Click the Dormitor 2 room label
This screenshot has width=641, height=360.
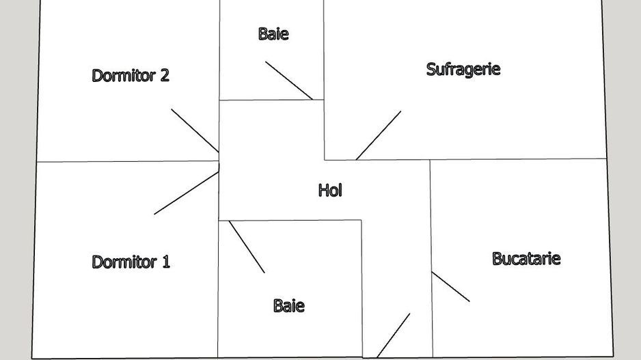click(130, 75)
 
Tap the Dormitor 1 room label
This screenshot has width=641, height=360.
click(131, 262)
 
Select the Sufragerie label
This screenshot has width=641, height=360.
click(463, 69)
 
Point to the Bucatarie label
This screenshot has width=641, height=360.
click(526, 258)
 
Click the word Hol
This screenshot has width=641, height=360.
click(330, 190)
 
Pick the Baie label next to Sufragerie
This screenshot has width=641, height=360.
click(273, 33)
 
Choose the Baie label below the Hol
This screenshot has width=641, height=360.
click(288, 305)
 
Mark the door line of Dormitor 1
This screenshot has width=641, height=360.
click(186, 193)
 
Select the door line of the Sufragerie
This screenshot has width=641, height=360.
click(379, 135)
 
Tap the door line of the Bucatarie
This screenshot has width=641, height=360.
click(450, 286)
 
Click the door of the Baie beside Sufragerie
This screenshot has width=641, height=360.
click(289, 81)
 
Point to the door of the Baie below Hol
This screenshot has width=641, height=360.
click(247, 247)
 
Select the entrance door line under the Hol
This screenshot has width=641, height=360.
click(394, 335)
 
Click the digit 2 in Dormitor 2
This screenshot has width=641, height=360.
click(164, 75)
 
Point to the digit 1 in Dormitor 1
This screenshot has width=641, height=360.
click(165, 262)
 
